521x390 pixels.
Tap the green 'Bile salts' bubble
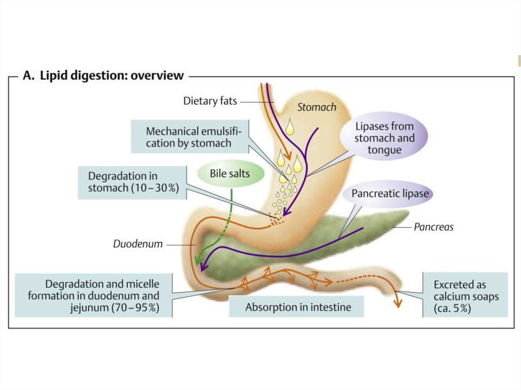(x=230, y=174)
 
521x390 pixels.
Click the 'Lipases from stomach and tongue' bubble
(x=384, y=137)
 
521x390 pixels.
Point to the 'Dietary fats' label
(x=210, y=101)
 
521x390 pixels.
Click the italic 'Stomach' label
(x=316, y=107)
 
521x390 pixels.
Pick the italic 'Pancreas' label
(x=433, y=227)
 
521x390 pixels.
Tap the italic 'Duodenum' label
(x=138, y=244)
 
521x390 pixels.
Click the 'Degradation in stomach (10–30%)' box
(x=132, y=182)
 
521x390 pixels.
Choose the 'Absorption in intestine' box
(x=298, y=307)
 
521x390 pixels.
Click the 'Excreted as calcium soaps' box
(x=466, y=296)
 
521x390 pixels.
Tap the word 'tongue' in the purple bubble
(x=384, y=149)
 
